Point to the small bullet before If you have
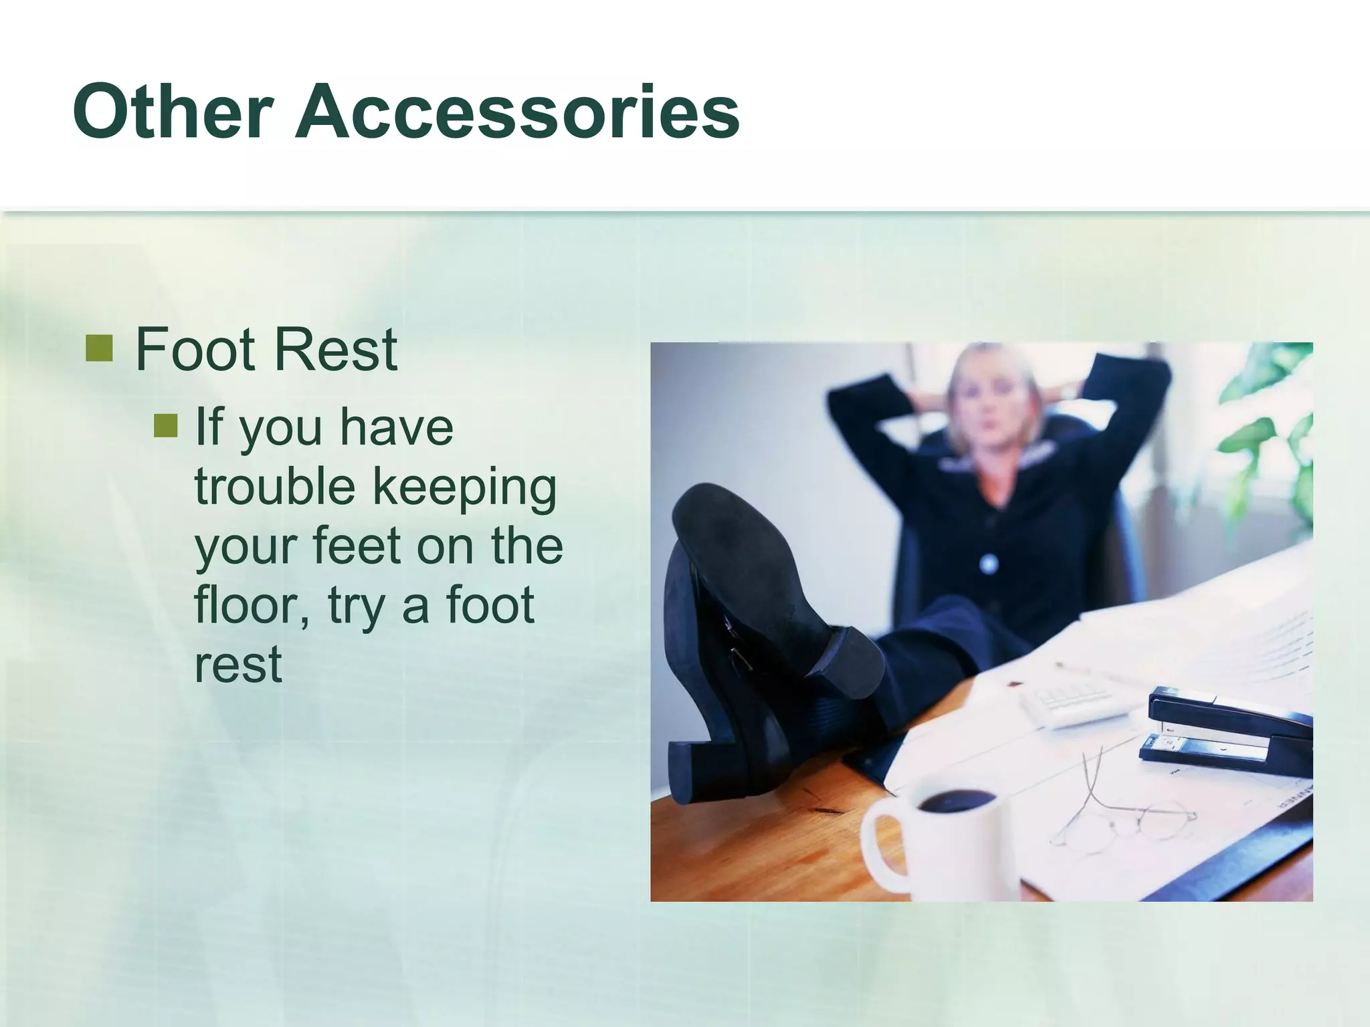point(165,425)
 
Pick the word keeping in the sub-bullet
point(464,488)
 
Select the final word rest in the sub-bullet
point(238,664)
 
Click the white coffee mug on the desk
point(937,842)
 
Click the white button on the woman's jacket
point(989,564)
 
